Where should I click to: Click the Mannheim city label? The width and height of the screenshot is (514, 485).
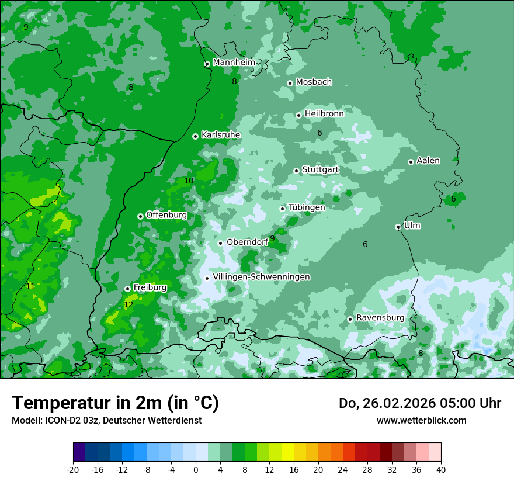pos(234,62)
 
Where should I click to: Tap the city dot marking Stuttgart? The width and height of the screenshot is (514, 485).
pos(296,171)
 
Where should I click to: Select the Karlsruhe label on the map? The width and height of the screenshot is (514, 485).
pos(220,135)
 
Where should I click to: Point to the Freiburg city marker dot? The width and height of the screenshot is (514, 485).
pos(127,289)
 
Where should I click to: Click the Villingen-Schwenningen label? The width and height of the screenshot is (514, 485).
pos(261,277)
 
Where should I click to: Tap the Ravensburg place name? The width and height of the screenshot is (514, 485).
pos(380,318)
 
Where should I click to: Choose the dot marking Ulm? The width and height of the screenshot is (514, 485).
pos(398,227)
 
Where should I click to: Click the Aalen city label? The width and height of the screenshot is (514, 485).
pos(428,161)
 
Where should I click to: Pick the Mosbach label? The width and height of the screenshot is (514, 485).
pos(313,82)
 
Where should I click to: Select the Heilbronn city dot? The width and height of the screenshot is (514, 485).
pos(298,115)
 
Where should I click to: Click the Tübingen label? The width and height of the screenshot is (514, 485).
pos(306,207)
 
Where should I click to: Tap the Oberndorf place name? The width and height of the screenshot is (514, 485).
pos(247,242)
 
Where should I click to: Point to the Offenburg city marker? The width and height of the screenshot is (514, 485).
pos(140,216)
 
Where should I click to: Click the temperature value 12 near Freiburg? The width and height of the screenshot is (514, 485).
pos(128,304)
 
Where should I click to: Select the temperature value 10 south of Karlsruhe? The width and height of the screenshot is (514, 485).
pos(189,181)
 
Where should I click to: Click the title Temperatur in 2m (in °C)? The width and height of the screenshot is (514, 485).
pos(115,403)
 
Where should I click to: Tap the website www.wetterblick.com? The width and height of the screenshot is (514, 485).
pos(421,420)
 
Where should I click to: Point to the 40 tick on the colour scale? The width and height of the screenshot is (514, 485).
pos(441,469)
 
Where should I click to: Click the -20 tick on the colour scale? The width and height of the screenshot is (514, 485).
pos(73,469)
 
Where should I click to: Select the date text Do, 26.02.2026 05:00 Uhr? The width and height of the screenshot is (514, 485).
pos(419,403)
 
